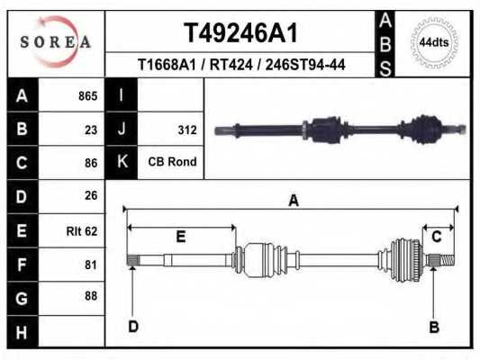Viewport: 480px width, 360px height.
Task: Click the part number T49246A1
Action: [x=240, y=33]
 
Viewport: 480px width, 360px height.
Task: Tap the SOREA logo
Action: [x=55, y=42]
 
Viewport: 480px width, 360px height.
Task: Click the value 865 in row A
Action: [x=87, y=96]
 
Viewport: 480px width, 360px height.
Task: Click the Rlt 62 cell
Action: [x=82, y=230]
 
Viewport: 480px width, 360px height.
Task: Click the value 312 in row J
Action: [x=186, y=130]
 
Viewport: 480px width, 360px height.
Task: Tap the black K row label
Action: [x=121, y=163]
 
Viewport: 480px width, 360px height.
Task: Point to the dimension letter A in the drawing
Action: [x=293, y=201]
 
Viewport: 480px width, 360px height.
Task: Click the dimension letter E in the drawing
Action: [x=180, y=237]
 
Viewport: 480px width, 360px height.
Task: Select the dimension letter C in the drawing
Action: [x=436, y=237]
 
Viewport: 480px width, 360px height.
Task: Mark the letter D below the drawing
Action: [x=132, y=326]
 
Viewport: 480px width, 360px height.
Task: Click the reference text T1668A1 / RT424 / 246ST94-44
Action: [x=240, y=65]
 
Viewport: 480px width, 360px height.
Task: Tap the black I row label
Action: [x=121, y=96]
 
